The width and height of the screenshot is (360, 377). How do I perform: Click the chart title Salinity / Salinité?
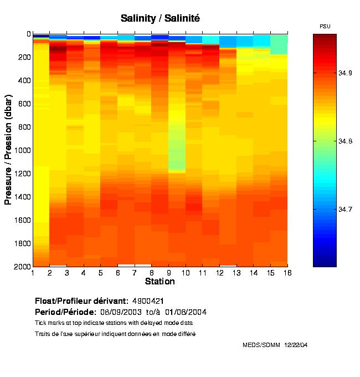point(160,18)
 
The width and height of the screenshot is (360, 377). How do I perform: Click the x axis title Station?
point(160,282)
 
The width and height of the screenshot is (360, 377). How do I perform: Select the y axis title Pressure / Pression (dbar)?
point(8,150)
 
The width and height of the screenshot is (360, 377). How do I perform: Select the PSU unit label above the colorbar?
point(325,27)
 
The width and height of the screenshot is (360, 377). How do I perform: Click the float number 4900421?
point(148,301)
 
